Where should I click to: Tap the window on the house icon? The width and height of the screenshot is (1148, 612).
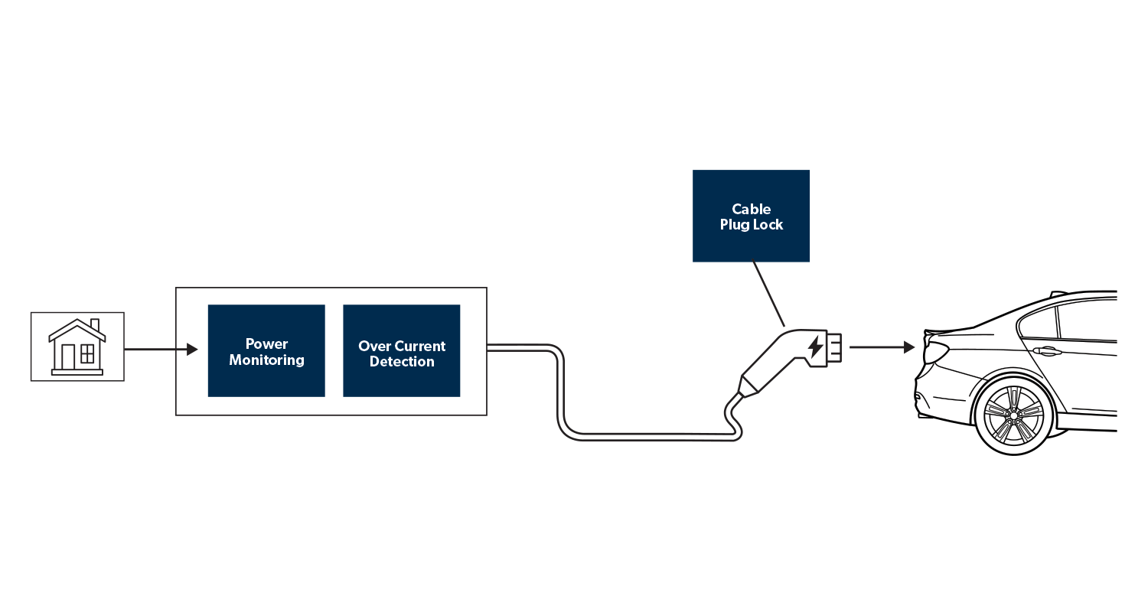click(x=88, y=353)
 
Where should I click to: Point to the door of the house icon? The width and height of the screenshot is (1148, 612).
click(x=69, y=356)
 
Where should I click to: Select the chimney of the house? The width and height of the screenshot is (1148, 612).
click(x=95, y=325)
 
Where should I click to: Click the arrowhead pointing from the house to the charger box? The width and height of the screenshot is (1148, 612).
click(x=192, y=350)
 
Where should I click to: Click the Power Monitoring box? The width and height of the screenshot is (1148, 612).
click(x=266, y=351)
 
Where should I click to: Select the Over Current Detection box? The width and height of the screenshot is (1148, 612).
click(x=402, y=351)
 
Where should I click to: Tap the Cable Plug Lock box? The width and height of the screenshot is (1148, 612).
click(x=751, y=216)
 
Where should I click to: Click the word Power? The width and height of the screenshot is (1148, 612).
click(x=266, y=343)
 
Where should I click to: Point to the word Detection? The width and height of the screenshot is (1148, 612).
click(x=402, y=362)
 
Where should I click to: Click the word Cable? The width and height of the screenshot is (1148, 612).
click(x=751, y=209)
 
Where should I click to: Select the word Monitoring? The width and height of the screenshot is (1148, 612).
click(x=266, y=360)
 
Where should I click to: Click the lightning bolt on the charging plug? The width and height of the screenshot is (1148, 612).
click(x=816, y=347)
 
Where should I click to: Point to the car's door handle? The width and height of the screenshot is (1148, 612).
click(x=1045, y=351)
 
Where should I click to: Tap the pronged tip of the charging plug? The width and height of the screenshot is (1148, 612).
click(x=833, y=347)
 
